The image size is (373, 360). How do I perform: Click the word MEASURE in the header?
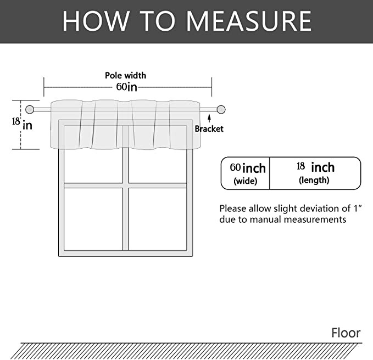click(249, 21)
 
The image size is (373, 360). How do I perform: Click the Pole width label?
click(126, 76)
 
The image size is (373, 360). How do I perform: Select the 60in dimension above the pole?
click(127, 87)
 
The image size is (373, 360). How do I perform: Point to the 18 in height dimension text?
click(22, 125)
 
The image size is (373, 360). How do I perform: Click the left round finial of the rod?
click(30, 110)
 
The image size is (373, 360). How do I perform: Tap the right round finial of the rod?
click(221, 110)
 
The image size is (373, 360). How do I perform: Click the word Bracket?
click(209, 129)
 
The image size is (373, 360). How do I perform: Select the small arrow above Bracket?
click(209, 119)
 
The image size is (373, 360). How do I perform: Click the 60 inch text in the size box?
click(248, 168)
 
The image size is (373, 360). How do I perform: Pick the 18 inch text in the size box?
click(315, 167)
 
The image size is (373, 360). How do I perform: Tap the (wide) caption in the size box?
click(246, 181)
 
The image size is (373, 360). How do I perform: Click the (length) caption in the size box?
click(314, 180)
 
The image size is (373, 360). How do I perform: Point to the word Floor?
click(346, 333)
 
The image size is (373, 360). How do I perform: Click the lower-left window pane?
click(93, 219)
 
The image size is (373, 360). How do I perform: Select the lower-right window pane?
click(158, 219)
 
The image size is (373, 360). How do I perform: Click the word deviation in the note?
click(314, 209)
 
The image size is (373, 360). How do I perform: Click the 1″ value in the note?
click(357, 208)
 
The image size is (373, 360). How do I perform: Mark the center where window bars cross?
click(126, 185)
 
